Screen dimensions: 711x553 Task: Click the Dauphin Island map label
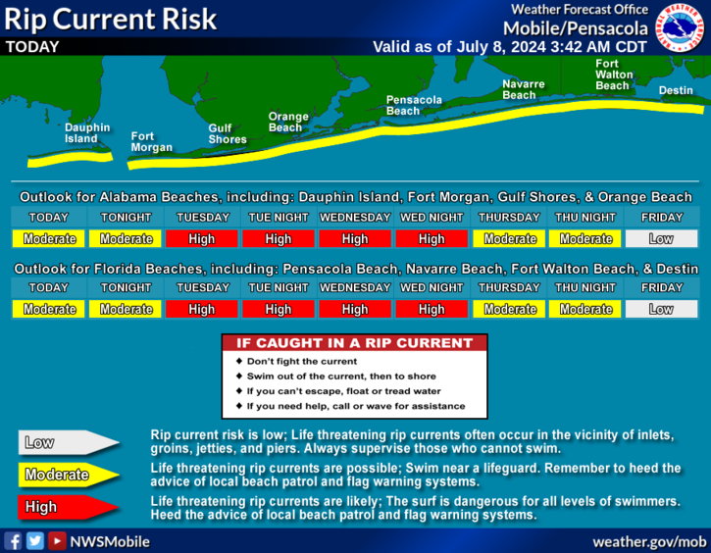[87, 133]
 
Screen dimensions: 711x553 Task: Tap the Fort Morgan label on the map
[151, 142]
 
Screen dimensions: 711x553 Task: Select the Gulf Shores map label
[228, 133]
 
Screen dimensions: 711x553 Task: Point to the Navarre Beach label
[524, 90]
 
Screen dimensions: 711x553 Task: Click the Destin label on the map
[676, 90]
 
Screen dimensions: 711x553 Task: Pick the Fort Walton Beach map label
[614, 75]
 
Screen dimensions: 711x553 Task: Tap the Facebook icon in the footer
[13, 541]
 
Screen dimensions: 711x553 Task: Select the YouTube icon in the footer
[57, 541]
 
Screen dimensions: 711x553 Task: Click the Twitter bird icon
[35, 541]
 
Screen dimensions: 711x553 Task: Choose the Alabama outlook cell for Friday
[662, 239]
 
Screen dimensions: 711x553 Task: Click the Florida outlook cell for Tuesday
[202, 309]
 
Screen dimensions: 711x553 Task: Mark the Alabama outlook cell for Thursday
[509, 239]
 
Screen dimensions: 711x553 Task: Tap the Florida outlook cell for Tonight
[126, 309]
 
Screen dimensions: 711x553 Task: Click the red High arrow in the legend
[68, 507]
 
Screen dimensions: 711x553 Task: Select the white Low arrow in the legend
[68, 442]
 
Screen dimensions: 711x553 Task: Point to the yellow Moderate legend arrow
[68, 475]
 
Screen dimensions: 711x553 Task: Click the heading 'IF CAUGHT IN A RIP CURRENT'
[355, 343]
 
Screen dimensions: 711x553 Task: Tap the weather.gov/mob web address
[649, 541]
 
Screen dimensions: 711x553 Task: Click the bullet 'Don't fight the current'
[301, 361]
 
